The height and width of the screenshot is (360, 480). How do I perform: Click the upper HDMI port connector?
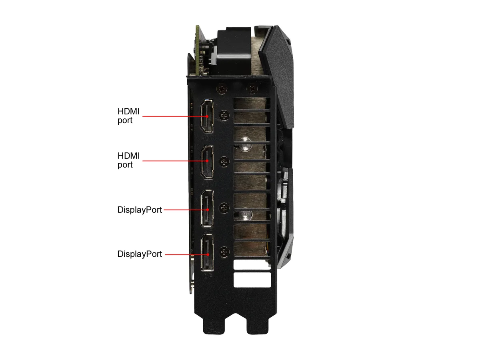[x=207, y=116]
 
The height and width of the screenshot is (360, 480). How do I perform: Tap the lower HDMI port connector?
[x=207, y=162]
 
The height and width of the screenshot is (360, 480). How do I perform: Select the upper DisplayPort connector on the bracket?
[x=207, y=208]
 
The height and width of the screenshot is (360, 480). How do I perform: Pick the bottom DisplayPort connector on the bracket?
[x=207, y=253]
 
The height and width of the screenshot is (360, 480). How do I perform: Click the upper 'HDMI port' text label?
[x=128, y=116]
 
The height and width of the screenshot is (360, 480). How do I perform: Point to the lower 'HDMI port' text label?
[x=128, y=160]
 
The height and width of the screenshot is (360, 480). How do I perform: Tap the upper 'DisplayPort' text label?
[x=140, y=210]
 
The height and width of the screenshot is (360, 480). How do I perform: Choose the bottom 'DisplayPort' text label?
[x=140, y=254]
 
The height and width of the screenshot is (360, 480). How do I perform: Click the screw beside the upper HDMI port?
[x=224, y=115]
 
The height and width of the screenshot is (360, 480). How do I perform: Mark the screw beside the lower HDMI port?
[x=224, y=162]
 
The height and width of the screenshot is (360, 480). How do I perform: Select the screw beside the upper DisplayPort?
[x=224, y=208]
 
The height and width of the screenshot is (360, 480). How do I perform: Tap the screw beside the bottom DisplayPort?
[x=224, y=252]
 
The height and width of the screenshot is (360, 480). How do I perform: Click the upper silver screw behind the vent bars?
[x=245, y=144]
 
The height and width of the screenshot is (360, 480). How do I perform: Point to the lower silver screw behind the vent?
[x=245, y=215]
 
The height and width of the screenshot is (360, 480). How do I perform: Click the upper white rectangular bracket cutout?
[x=252, y=264]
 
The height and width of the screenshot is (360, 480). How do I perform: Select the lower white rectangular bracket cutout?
[x=252, y=280]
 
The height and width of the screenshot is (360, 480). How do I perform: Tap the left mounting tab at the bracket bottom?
[x=214, y=325]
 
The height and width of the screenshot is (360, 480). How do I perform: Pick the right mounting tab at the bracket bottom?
[x=258, y=325]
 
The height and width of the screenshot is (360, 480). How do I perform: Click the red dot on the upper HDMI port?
[x=207, y=116]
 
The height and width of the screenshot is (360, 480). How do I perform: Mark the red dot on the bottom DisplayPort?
[x=208, y=254]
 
